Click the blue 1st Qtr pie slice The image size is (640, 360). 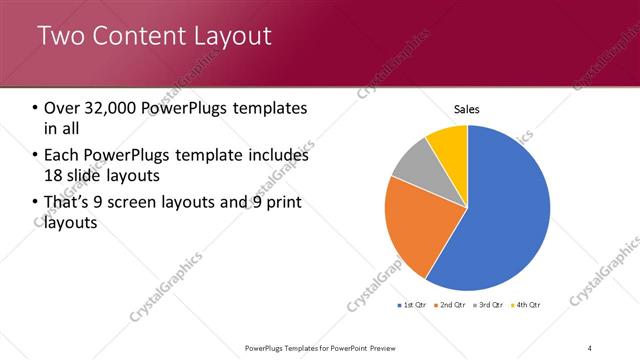coord(500,210)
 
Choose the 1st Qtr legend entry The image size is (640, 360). coord(414,304)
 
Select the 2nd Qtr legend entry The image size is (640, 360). coord(451,304)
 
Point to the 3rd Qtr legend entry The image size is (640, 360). coord(488,304)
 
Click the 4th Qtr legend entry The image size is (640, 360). coord(526,304)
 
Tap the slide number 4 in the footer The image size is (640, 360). coord(591,347)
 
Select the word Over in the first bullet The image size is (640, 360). coord(61,107)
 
